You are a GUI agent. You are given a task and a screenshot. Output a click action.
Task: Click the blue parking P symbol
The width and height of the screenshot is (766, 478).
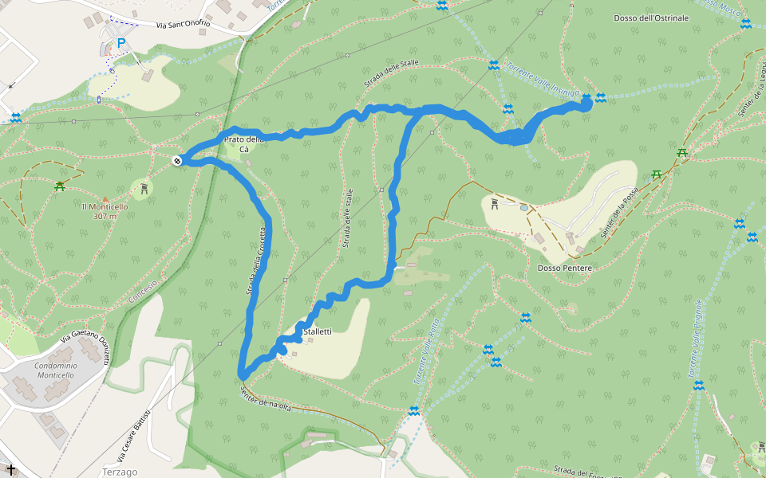coord(121,44)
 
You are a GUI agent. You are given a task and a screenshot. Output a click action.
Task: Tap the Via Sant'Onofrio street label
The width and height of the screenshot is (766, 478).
coord(184,25)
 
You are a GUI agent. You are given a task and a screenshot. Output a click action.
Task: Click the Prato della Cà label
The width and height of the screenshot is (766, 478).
coord(244,144)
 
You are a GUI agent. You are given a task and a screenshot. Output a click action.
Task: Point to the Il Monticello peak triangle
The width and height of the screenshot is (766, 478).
coord(105,198)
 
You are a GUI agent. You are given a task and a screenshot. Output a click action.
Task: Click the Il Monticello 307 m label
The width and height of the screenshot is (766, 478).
coord(105,211)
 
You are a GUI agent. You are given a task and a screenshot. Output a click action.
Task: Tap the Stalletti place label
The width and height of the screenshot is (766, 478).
coord(318,331)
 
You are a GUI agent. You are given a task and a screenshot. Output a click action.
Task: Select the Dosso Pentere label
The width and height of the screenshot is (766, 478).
coord(565,268)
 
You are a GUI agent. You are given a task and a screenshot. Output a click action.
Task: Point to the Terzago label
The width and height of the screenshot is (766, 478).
coord(120,472)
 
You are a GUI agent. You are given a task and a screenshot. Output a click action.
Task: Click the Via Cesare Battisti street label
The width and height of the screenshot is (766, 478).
coord(134,437)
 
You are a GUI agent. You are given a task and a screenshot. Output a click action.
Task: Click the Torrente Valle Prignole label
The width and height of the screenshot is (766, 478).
coord(691,338)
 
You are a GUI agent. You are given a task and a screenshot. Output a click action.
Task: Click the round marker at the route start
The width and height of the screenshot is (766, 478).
coord(176,161)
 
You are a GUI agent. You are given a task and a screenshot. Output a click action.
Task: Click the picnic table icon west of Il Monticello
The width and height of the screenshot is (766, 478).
coord(60,187)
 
